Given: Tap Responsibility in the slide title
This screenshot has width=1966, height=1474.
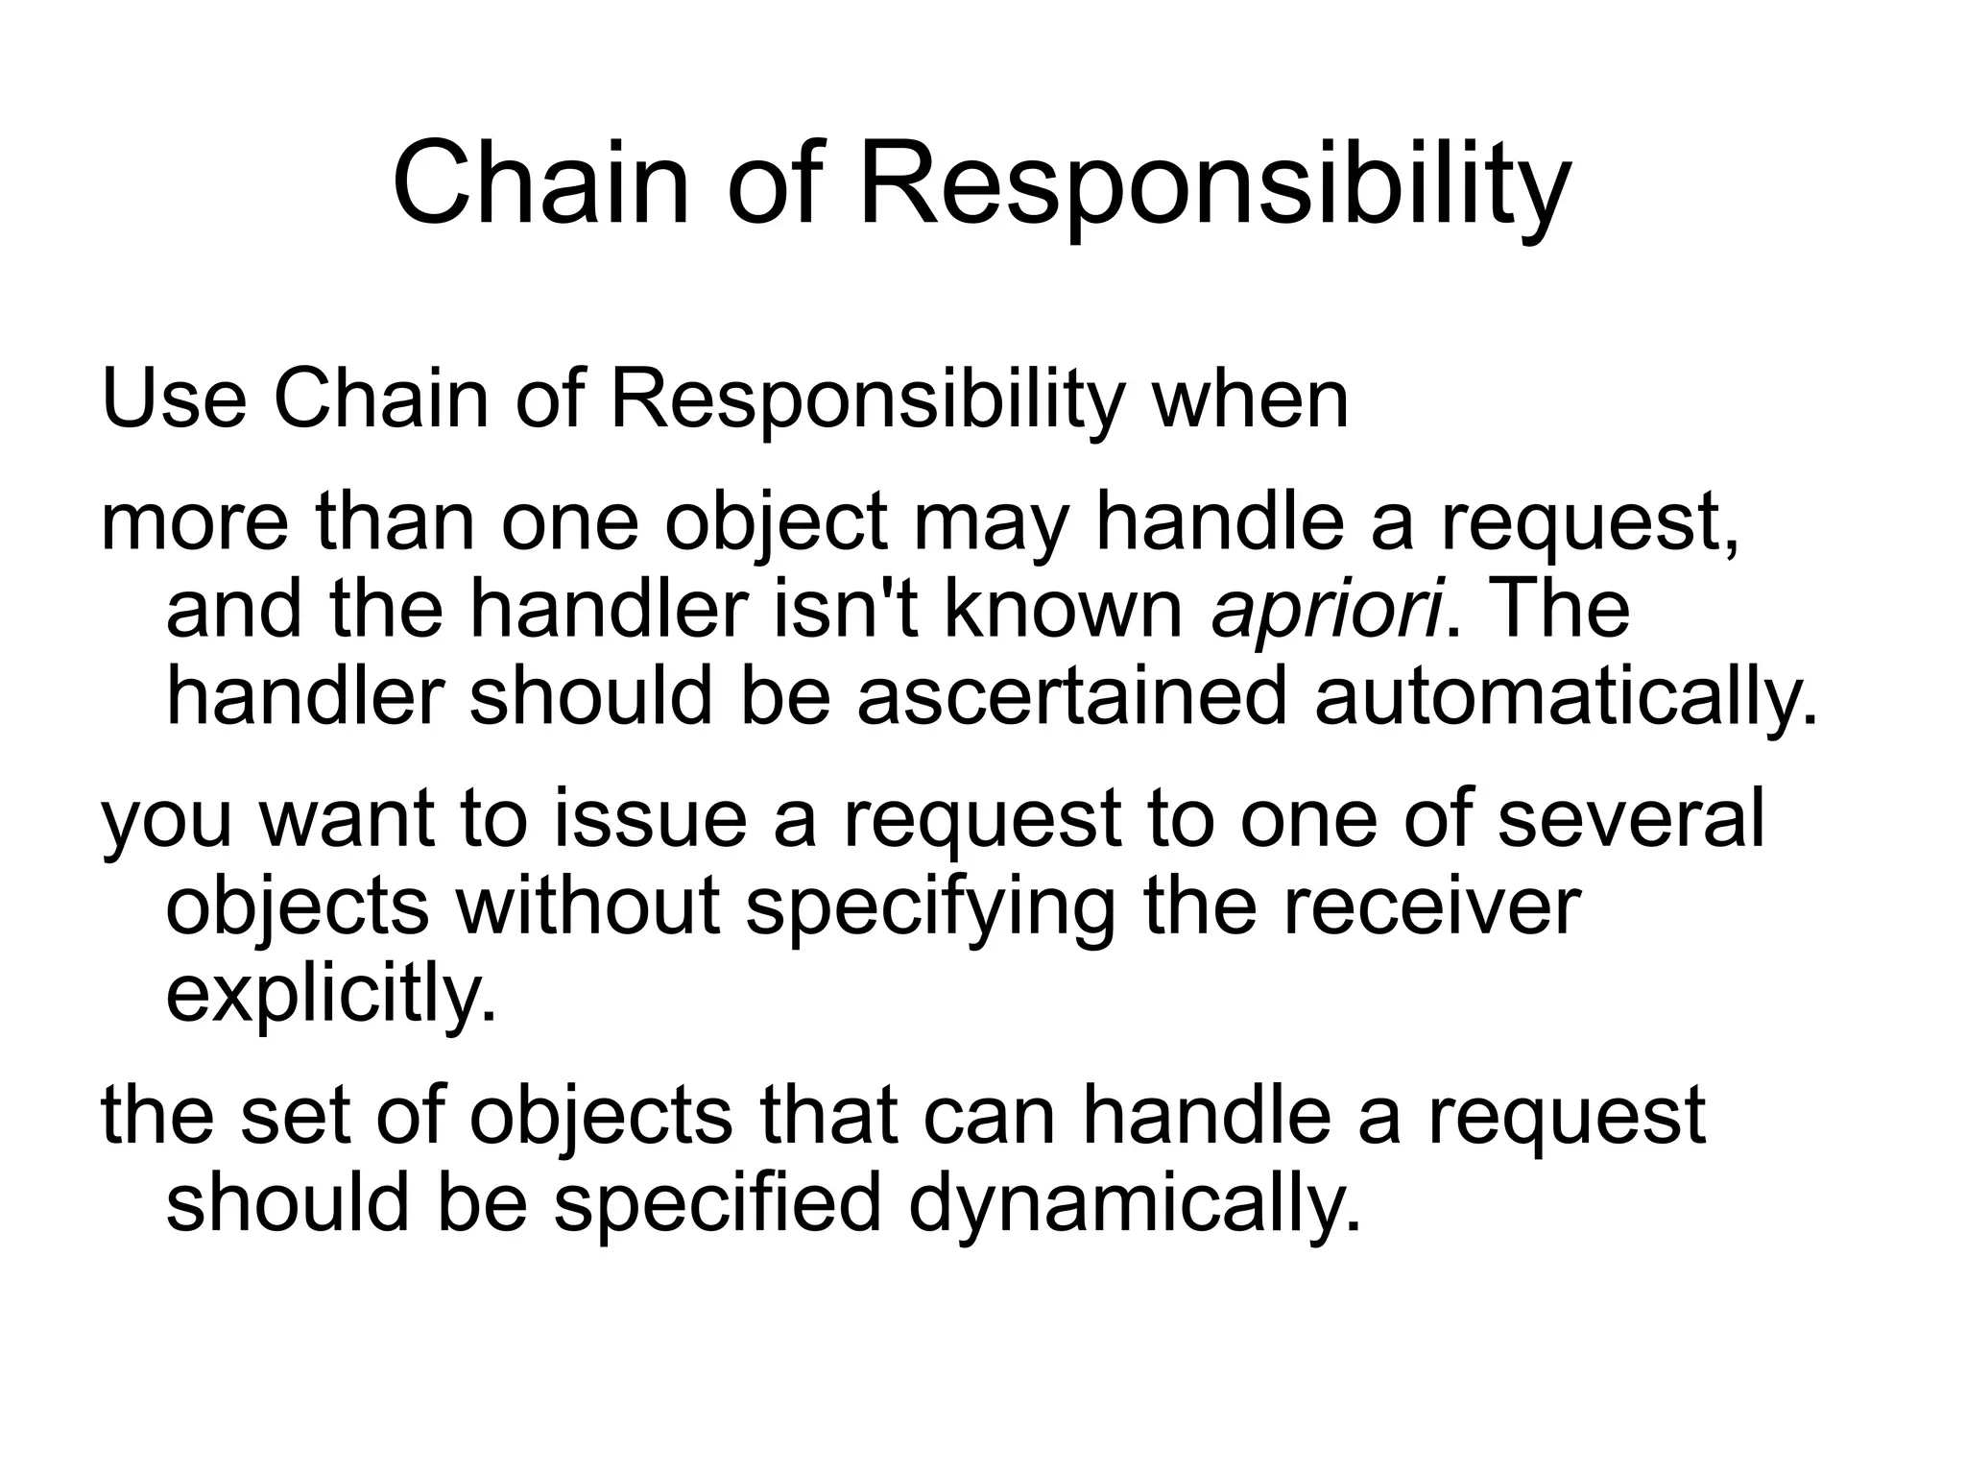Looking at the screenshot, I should (1213, 187).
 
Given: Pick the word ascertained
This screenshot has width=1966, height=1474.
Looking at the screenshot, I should (1070, 697).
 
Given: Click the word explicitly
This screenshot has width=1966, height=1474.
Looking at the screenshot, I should (332, 996).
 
